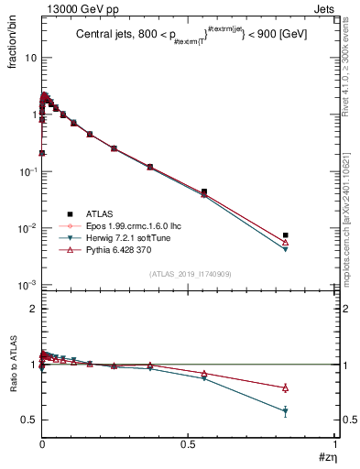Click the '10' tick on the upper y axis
pyautogui.click(x=30, y=58)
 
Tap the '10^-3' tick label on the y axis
pyautogui.click(x=27, y=286)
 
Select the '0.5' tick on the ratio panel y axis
pyautogui.click(x=29, y=420)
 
